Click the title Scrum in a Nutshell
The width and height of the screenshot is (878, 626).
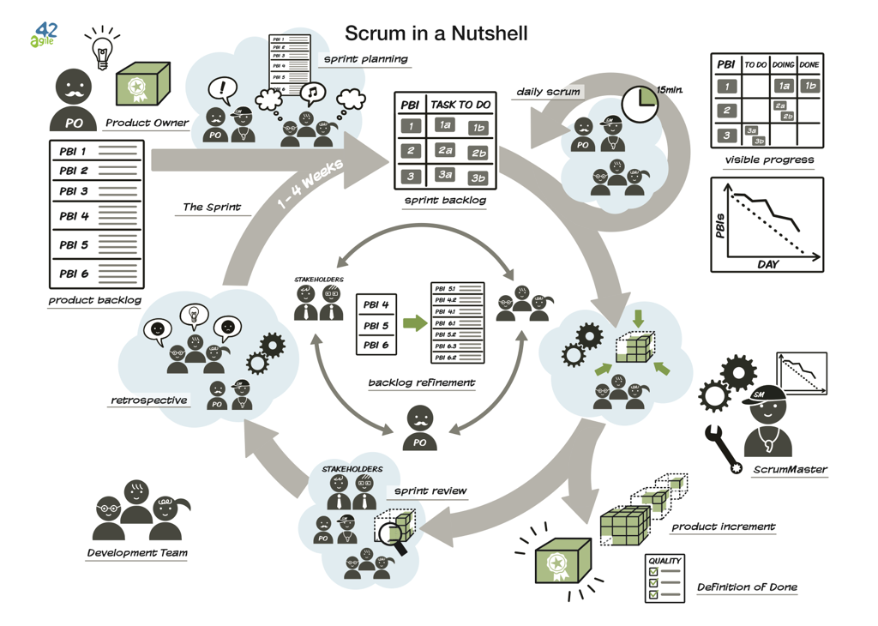pyautogui.click(x=436, y=33)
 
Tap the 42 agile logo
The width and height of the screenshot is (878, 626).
pyautogui.click(x=45, y=34)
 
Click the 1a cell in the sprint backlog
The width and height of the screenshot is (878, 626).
pyautogui.click(x=445, y=125)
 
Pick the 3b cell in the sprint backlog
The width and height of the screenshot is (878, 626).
pyautogui.click(x=478, y=178)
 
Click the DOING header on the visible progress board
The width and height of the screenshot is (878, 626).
pyautogui.click(x=783, y=64)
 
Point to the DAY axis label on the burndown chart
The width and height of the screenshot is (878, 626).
pyautogui.click(x=767, y=264)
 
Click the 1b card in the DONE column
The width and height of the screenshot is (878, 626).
pyautogui.click(x=809, y=86)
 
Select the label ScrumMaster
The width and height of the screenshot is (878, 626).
pyautogui.click(x=790, y=469)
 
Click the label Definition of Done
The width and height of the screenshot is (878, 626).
pyautogui.click(x=747, y=587)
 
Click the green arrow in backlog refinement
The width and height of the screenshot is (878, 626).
pyautogui.click(x=414, y=323)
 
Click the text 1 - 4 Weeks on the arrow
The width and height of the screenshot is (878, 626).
pyautogui.click(x=311, y=184)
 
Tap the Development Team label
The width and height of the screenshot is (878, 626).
pyautogui.click(x=136, y=553)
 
